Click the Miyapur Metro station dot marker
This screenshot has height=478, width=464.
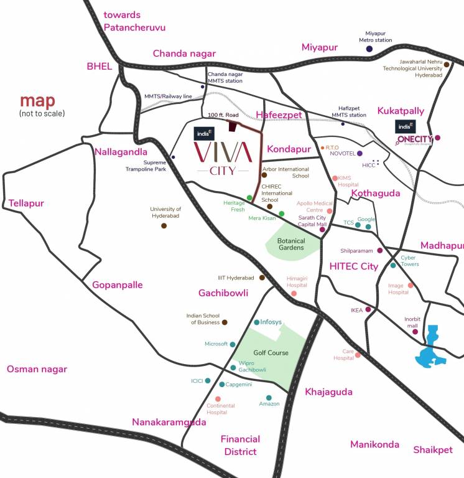[x=369, y=49]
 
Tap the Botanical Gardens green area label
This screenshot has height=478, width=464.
[x=291, y=243]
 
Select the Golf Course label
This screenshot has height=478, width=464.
[x=271, y=353]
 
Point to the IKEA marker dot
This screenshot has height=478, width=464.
[x=368, y=309]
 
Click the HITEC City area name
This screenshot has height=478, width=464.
[x=353, y=266]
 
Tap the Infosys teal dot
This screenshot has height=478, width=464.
[x=257, y=322]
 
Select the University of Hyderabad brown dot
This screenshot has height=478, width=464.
[x=164, y=225]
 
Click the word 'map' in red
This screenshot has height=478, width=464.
[x=37, y=101]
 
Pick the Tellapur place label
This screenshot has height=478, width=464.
[x=26, y=203]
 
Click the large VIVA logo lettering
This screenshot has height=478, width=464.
[x=222, y=151]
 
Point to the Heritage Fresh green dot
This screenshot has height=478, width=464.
[x=249, y=198]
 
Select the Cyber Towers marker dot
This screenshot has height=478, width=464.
[x=393, y=265]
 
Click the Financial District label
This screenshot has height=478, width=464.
[x=240, y=445]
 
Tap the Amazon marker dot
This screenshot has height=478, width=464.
[x=269, y=398]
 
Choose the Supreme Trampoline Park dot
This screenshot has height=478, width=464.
[x=173, y=157]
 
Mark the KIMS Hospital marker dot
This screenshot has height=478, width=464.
[x=334, y=178]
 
